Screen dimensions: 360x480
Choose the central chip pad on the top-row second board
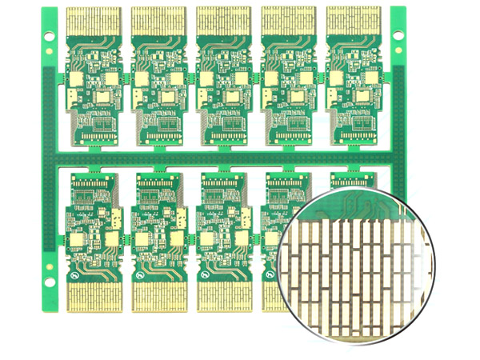[x=169, y=97]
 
